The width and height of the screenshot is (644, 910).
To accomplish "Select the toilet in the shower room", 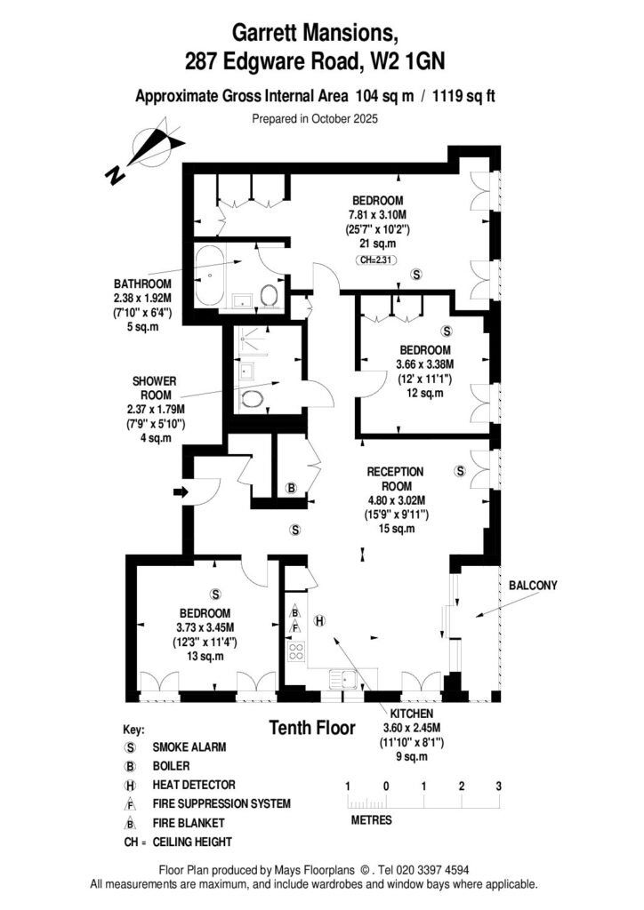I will tap(254, 399).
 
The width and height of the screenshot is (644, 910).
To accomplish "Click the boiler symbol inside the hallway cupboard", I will tap(290, 487).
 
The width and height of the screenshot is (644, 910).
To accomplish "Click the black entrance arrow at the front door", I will tap(181, 491).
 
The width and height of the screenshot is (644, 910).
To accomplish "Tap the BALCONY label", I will tap(534, 585).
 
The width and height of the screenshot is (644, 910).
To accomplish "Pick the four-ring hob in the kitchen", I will tap(295, 654).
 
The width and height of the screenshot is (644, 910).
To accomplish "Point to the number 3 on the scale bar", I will tap(499, 786).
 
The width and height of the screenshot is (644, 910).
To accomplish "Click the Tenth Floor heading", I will tap(311, 728).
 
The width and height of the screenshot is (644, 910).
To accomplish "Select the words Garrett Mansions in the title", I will tap(315, 33).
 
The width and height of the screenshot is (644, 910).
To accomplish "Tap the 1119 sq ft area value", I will tap(471, 98).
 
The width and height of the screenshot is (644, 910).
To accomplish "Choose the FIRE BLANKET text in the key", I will tap(189, 823).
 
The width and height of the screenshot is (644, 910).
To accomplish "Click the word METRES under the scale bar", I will tap(371, 820).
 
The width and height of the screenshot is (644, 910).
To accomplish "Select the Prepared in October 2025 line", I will tap(315, 118).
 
